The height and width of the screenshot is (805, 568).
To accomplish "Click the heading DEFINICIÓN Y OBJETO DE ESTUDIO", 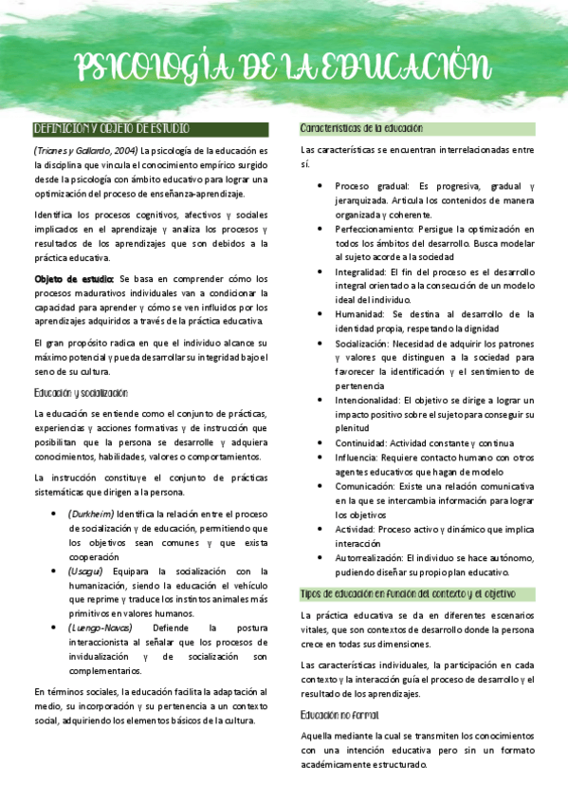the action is (x=111, y=128).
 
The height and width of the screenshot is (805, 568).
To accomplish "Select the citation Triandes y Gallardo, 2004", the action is (x=86, y=150).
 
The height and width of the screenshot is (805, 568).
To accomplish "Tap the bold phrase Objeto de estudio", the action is (x=73, y=279).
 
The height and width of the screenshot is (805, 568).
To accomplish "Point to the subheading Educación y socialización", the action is (x=81, y=392).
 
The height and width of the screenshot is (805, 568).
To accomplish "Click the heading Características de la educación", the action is (x=361, y=128).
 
